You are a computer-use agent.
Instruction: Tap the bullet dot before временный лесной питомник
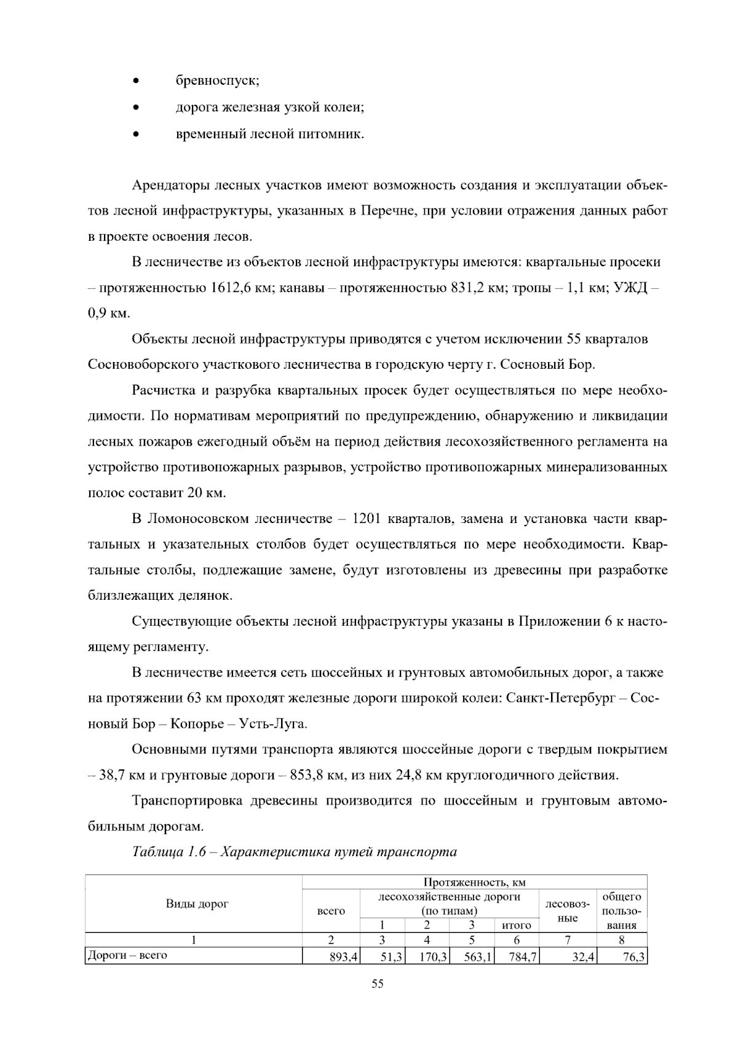[x=135, y=134]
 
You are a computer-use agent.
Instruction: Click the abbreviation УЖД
[x=628, y=288]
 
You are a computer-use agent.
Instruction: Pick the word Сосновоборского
[x=143, y=365]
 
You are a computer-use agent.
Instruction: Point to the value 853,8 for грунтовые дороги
[x=313, y=776]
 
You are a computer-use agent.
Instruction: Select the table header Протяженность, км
[x=474, y=883]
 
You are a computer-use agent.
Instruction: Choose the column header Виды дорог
[x=197, y=904]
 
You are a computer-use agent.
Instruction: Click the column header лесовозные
[x=566, y=911]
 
